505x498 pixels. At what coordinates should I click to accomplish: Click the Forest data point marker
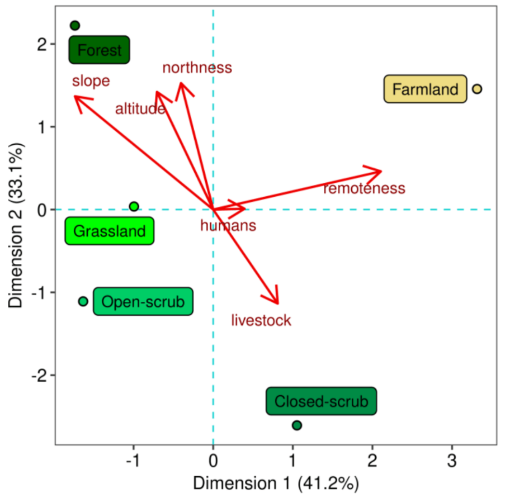tap(75, 26)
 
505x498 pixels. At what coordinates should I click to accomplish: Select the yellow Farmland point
tap(477, 89)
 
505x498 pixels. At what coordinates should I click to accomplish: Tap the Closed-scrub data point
tap(297, 425)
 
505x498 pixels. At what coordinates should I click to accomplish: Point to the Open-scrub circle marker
tap(83, 301)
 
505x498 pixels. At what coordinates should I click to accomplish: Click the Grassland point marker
tap(134, 207)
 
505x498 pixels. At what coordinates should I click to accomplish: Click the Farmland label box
tap(425, 89)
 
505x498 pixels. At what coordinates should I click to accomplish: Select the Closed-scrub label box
tap(322, 401)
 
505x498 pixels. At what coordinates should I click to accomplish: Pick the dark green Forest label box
tap(100, 50)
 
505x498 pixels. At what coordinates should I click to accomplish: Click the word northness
tap(197, 68)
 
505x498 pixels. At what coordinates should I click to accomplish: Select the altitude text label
tap(140, 109)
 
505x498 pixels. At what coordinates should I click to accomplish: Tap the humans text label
tap(228, 226)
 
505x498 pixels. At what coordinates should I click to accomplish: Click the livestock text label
tap(261, 320)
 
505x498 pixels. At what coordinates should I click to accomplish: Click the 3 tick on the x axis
tap(452, 461)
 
